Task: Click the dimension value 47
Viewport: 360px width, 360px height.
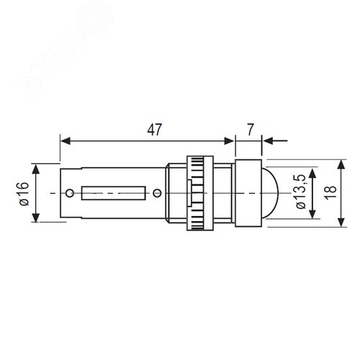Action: point(155,130)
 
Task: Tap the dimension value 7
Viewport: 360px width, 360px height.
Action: point(250,130)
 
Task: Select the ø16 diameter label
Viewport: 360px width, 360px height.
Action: point(24,194)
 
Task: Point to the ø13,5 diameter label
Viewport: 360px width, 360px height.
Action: point(301,192)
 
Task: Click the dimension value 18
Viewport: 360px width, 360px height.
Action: point(331,193)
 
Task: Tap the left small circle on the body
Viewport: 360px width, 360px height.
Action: point(70,193)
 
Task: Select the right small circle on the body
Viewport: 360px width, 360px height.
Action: point(157,193)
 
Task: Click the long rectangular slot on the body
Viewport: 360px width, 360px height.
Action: point(114,193)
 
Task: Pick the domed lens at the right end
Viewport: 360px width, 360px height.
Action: point(269,193)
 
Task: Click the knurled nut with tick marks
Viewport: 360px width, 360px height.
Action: point(200,193)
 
